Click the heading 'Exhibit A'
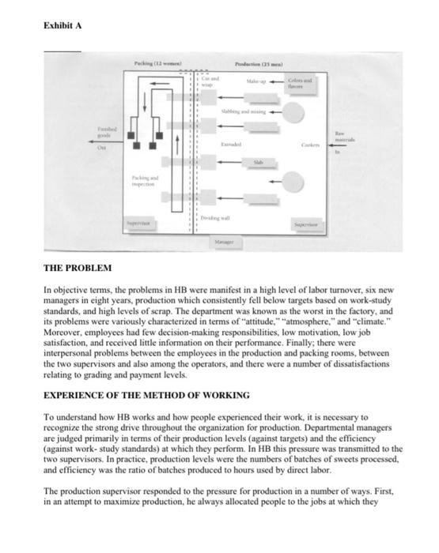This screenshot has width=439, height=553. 62,26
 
